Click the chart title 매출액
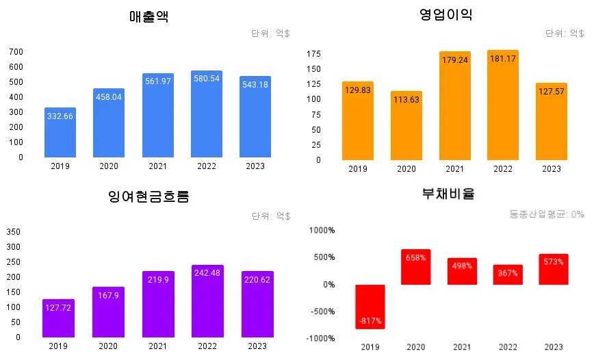pyautogui.click(x=148, y=17)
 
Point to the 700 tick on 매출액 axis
pyautogui.click(x=16, y=52)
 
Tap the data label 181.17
pyautogui.click(x=503, y=59)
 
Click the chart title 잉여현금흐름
pyautogui.click(x=148, y=197)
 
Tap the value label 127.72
pyautogui.click(x=58, y=308)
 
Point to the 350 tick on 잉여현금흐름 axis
pyautogui.click(x=14, y=232)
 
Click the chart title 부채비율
pyautogui.click(x=448, y=194)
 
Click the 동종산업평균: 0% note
pyautogui.click(x=547, y=214)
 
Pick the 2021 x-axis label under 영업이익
pyautogui.click(x=454, y=169)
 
